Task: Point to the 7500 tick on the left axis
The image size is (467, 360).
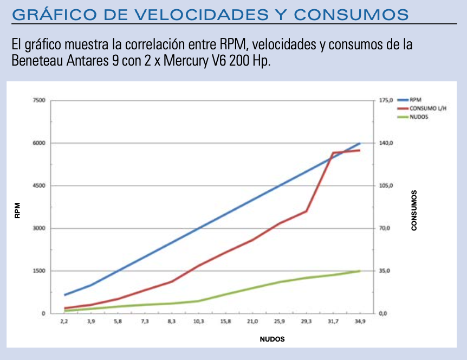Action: pos(38,100)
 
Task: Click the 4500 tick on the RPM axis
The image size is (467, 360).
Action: pos(38,185)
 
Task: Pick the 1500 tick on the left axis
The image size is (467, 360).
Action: pos(38,271)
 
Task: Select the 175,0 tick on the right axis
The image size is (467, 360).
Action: pos(385,100)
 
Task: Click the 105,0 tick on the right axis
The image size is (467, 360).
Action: pos(385,185)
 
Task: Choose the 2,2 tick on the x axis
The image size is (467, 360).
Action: pos(64,322)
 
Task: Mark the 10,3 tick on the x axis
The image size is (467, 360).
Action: pos(198,322)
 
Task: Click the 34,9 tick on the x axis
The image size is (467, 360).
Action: pos(360,322)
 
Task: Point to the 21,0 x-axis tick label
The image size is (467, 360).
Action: pos(252,322)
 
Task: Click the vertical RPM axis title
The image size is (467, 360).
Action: pos(17,210)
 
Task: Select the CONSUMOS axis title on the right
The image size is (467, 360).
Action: pos(414,210)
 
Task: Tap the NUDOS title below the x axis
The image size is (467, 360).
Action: pos(272,339)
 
